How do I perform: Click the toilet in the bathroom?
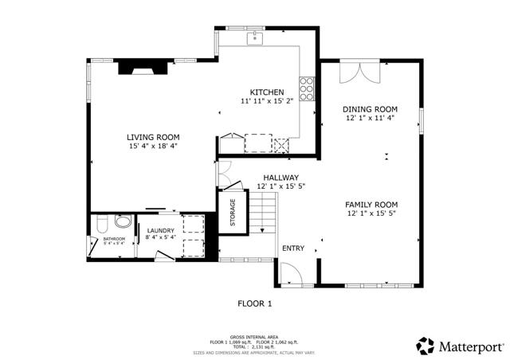pyautogui.click(x=101, y=223)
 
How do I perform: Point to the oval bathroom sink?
pyautogui.click(x=123, y=221)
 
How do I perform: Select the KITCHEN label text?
pyautogui.click(x=267, y=92)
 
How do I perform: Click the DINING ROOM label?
pyautogui.click(x=370, y=109)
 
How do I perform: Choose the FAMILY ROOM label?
pyautogui.click(x=371, y=204)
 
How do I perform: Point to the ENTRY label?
pyautogui.click(x=292, y=248)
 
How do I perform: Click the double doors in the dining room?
pyautogui.click(x=355, y=72)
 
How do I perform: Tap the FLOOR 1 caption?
pyautogui.click(x=255, y=303)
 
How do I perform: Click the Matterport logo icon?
pyautogui.click(x=426, y=346)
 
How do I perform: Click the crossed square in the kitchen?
pyautogui.click(x=281, y=144)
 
